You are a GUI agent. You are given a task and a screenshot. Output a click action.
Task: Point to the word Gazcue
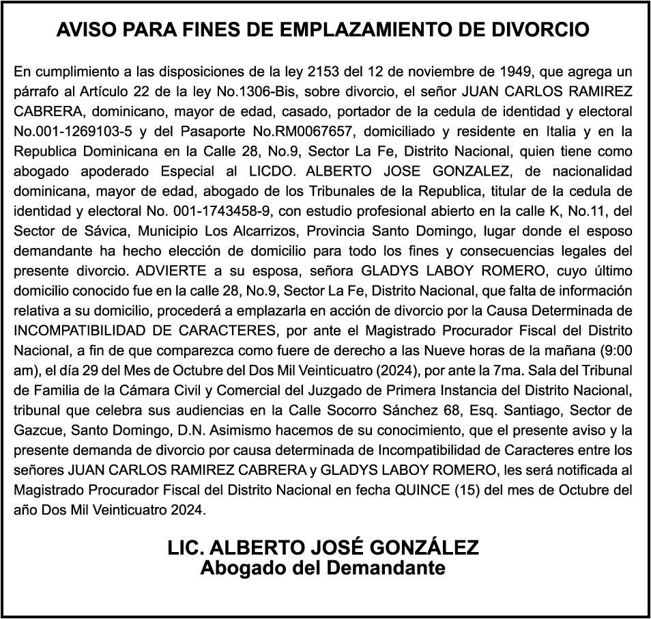point(38,431)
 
